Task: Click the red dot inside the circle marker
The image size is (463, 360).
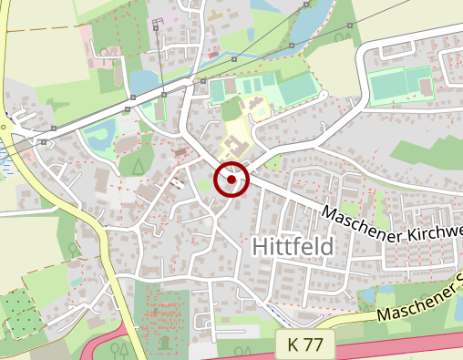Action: click(x=231, y=180)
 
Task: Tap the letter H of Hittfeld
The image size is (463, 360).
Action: click(x=257, y=246)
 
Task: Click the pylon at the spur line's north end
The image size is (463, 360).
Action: click(x=157, y=28)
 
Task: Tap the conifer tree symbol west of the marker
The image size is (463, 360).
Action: click(x=138, y=165)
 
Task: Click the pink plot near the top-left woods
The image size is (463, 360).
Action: click(x=90, y=36)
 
